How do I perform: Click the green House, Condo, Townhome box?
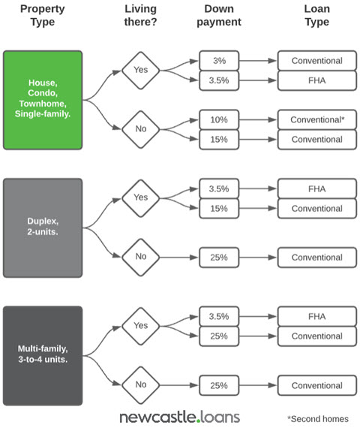coord(43,100)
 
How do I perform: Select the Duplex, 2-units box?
coord(43,228)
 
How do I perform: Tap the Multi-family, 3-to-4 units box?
coord(43,356)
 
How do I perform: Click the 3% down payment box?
coord(219,61)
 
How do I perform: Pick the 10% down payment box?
coord(219,119)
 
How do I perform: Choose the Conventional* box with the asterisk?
coord(317,119)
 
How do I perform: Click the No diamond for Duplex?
coord(141,257)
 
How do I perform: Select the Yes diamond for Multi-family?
coord(141,326)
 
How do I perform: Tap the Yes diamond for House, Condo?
coord(141,71)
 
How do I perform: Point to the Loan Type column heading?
coord(317,15)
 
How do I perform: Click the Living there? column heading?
coord(141,15)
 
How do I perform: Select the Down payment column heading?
coord(219,15)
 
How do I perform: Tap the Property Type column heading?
coord(43,15)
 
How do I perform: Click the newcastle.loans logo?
coord(180,417)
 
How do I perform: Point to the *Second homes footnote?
coord(318,419)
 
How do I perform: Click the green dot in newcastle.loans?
coord(199,421)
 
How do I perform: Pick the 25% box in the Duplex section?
coord(219,257)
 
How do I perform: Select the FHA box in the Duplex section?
coord(317,188)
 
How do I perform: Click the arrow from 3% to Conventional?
coord(258,61)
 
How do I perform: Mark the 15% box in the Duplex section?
coord(219,209)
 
